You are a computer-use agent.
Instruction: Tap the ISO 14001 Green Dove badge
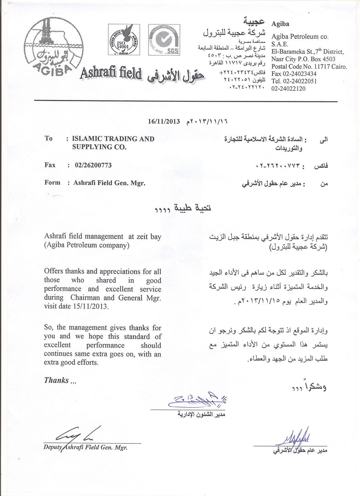124,40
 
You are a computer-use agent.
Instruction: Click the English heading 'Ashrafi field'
110,73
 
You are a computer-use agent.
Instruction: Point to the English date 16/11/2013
164,122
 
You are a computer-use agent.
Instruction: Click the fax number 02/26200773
93,165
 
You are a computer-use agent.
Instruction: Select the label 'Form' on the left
52,183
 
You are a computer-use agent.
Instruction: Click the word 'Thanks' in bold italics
56,380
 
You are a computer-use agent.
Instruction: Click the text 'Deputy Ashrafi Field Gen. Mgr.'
85,447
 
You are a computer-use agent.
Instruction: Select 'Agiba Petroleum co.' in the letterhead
300,37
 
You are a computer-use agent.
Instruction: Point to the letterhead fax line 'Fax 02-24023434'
294,74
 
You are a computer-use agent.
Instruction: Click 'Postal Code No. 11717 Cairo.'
309,67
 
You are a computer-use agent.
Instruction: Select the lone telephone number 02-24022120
288,89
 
